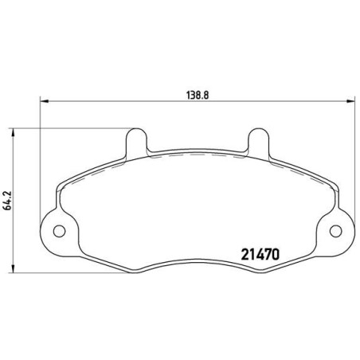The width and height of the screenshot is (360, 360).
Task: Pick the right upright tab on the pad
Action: pyautogui.click(x=256, y=142)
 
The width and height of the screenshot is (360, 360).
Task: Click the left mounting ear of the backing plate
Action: pyautogui.click(x=56, y=231)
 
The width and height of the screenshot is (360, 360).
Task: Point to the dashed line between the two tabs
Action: pyautogui.click(x=196, y=155)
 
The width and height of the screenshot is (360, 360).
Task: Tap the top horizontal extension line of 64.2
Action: pyautogui.click(x=72, y=127)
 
